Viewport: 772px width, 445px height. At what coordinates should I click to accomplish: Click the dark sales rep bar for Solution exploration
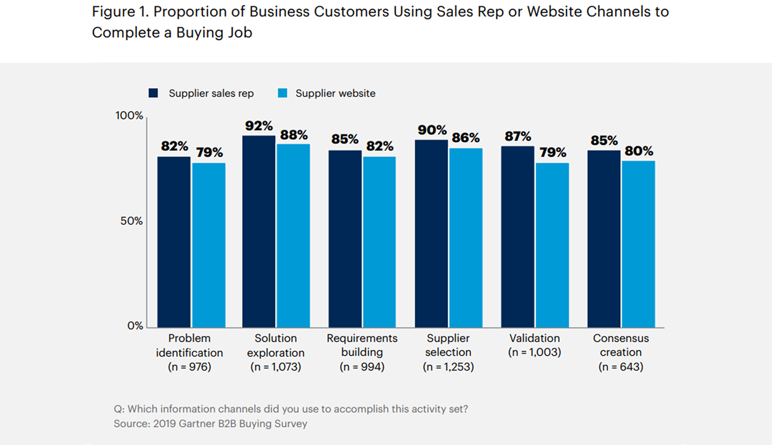click(x=259, y=232)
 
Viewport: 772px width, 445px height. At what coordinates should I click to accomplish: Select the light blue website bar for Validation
click(x=552, y=245)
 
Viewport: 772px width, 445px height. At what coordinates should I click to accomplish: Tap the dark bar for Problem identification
click(x=174, y=242)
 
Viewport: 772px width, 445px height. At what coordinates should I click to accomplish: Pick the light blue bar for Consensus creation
click(x=638, y=244)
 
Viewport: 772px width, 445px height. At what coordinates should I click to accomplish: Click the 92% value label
click(x=259, y=126)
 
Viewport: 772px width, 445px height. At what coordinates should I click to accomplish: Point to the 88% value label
click(x=294, y=135)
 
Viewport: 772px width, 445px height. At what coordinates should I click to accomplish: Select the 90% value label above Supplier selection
click(x=432, y=130)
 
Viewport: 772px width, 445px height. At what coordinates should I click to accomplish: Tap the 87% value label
click(x=518, y=136)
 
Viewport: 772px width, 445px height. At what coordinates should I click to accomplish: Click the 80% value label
click(x=639, y=151)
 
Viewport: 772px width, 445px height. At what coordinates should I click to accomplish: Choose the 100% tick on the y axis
click(x=129, y=116)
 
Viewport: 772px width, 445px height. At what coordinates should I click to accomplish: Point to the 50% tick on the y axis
click(x=131, y=221)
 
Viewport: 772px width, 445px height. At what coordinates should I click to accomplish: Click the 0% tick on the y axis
click(x=135, y=326)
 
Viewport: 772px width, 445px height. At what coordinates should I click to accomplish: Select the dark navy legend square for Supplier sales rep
click(x=153, y=93)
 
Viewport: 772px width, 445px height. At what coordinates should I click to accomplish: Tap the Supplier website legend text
click(x=335, y=93)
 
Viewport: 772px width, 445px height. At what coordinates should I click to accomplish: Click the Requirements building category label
click(x=362, y=345)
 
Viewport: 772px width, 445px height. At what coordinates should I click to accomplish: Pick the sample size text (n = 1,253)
click(x=448, y=367)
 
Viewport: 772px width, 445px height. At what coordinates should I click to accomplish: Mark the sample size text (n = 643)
click(x=620, y=367)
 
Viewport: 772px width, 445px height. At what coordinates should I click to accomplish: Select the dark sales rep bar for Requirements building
click(x=345, y=239)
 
